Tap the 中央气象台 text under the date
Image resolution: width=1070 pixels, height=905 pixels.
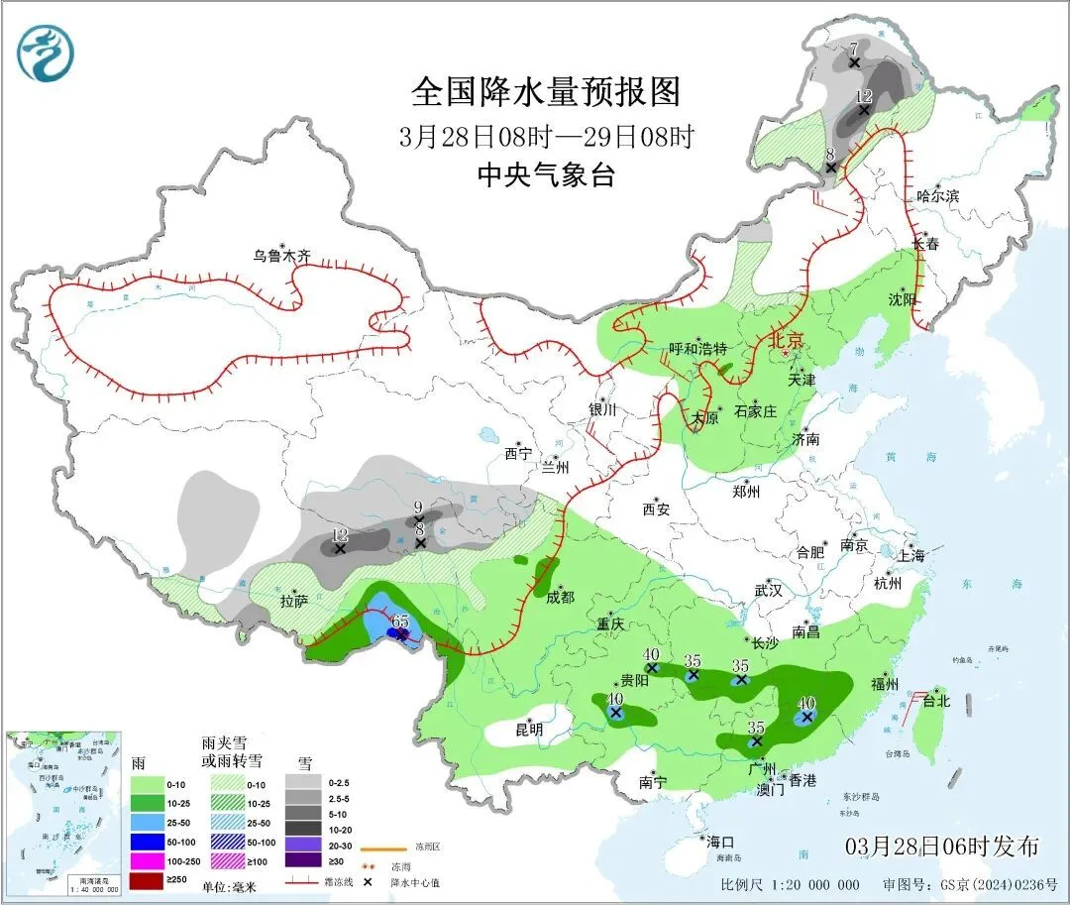point(546,175)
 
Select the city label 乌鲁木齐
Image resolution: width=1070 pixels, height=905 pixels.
point(281,256)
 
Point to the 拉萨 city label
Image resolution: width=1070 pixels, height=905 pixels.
point(293,601)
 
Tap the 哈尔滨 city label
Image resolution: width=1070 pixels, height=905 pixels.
point(937,196)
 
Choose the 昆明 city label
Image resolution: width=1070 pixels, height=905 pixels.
point(530,730)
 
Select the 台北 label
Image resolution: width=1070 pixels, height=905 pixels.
point(936,701)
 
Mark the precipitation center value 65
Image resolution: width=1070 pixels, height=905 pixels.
point(400,622)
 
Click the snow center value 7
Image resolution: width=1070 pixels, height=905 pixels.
point(853,49)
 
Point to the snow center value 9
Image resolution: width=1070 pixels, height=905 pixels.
point(418,508)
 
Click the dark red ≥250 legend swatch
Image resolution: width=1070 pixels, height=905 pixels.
point(151,878)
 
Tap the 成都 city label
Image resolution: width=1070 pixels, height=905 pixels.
point(560,597)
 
